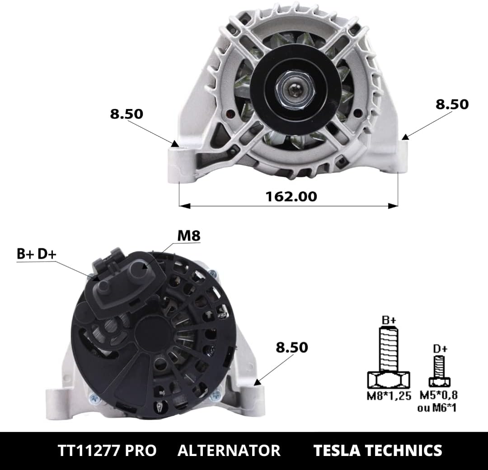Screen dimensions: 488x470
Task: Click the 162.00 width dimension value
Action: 291,196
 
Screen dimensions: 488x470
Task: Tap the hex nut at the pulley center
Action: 295,90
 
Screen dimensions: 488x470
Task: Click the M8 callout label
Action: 189,236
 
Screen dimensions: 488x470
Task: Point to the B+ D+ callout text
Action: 37,254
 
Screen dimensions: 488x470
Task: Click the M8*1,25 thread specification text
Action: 389,396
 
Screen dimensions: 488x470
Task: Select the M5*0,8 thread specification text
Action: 439,395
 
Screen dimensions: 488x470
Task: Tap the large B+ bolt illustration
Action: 389,357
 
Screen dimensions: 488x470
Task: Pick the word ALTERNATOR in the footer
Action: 229,451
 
